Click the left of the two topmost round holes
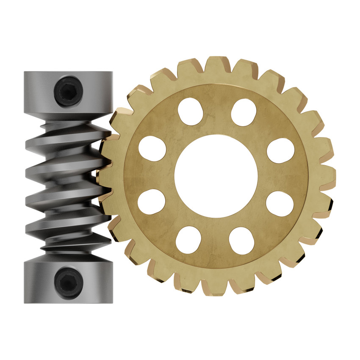189,111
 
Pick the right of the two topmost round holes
244,111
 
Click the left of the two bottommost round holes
188,240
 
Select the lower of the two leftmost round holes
151,202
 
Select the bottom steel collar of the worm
68,281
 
